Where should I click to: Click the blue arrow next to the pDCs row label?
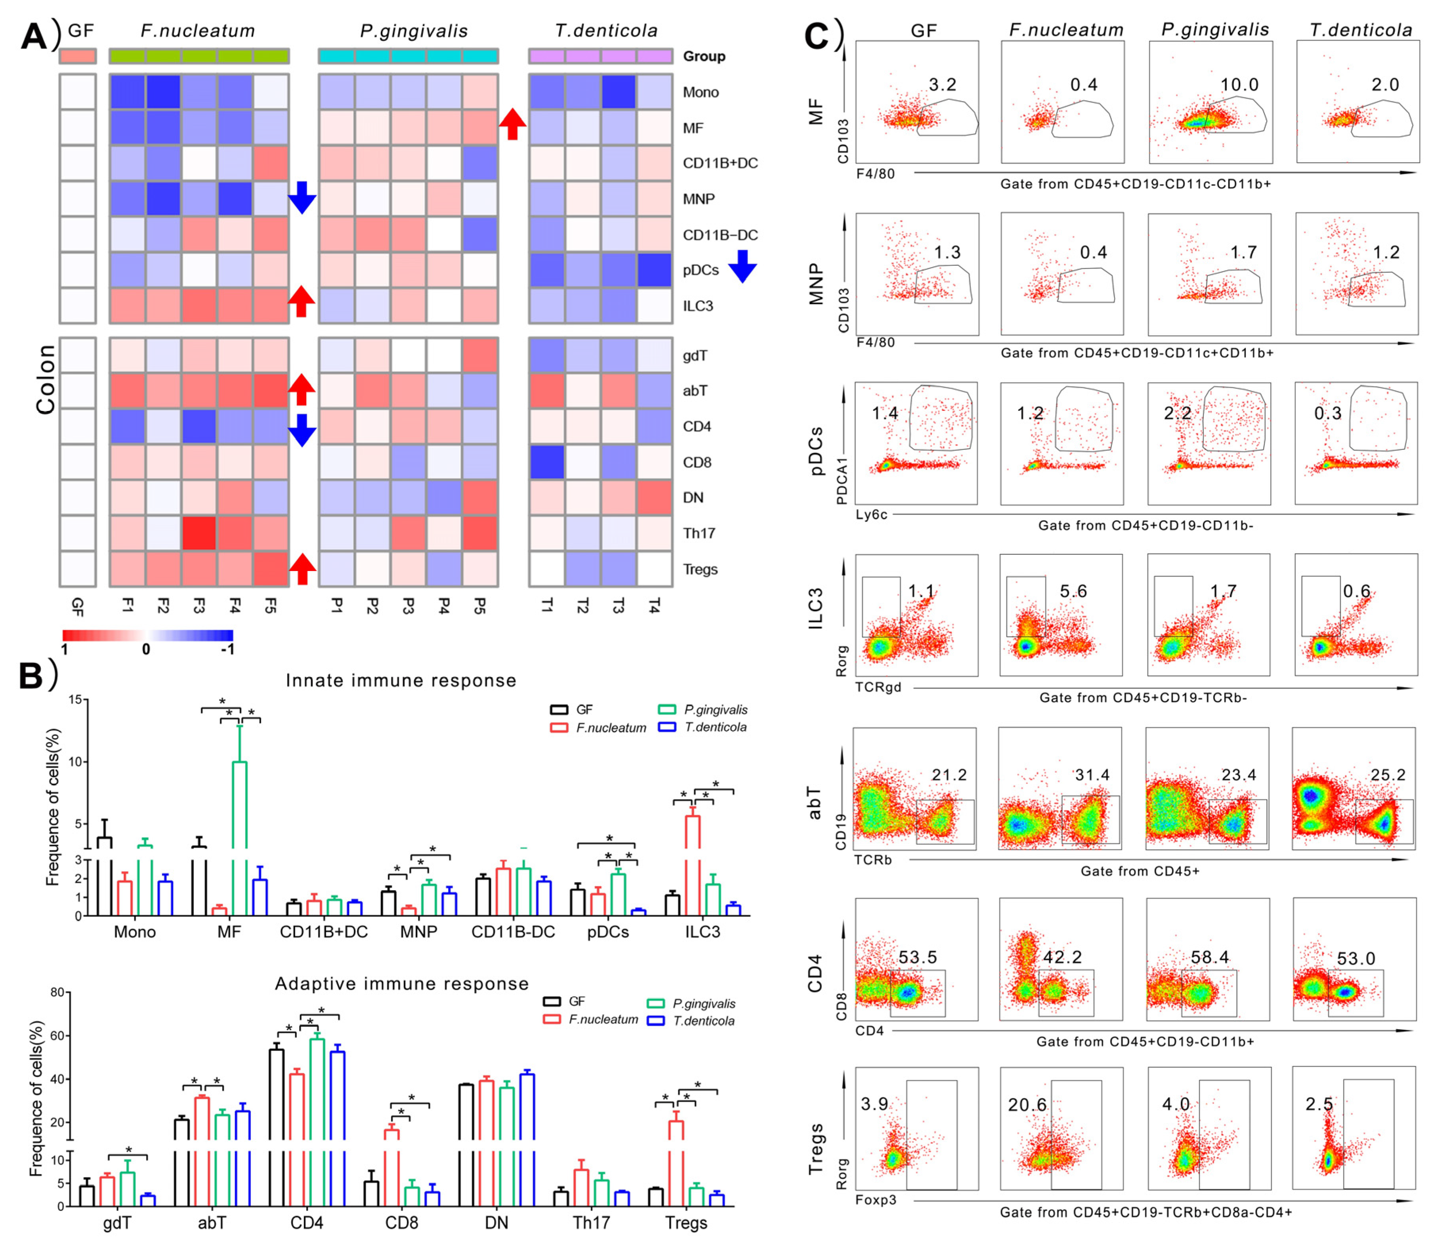coord(742,266)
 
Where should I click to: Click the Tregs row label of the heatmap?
coord(700,569)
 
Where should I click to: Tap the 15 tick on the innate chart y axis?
coord(74,699)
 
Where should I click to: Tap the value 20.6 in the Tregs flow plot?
coord(1027,1104)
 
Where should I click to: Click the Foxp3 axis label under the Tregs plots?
coord(876,1199)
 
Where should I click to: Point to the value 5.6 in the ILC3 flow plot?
coord(1073,591)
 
